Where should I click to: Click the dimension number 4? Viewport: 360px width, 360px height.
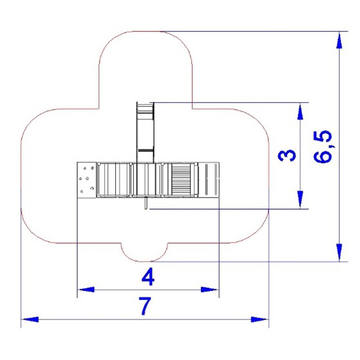[x=148, y=278]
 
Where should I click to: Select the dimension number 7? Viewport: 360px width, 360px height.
[x=146, y=306]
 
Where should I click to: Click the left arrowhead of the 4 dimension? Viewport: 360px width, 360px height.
[x=86, y=289]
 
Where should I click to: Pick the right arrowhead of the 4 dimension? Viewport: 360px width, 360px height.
[x=209, y=289]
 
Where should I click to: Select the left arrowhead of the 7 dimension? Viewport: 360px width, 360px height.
[x=30, y=319]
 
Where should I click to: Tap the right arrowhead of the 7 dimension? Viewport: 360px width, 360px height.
[x=260, y=319]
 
